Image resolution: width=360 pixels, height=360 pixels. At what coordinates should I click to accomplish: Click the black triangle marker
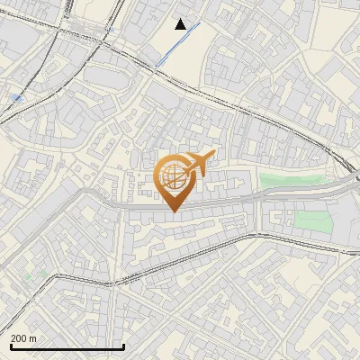click(x=181, y=24)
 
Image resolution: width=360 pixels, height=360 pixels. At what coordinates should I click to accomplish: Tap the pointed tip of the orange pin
click(x=174, y=211)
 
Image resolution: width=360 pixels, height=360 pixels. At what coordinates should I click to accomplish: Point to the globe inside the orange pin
click(x=174, y=173)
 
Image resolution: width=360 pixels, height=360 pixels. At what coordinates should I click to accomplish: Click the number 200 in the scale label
click(x=19, y=338)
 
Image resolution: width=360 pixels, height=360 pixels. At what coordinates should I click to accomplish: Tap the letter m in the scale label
click(x=34, y=338)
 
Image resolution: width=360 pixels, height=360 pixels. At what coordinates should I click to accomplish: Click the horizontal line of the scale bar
click(x=67, y=347)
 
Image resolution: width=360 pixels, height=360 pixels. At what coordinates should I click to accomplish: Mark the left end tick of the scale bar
click(x=11, y=346)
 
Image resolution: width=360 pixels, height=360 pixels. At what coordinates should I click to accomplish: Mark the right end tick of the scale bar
click(x=123, y=346)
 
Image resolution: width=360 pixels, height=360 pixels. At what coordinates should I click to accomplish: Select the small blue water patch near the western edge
click(x=17, y=97)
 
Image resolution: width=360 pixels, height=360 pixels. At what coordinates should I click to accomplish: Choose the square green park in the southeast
click(x=312, y=220)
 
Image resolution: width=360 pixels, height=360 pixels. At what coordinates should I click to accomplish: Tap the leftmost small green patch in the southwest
click(x=28, y=275)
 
